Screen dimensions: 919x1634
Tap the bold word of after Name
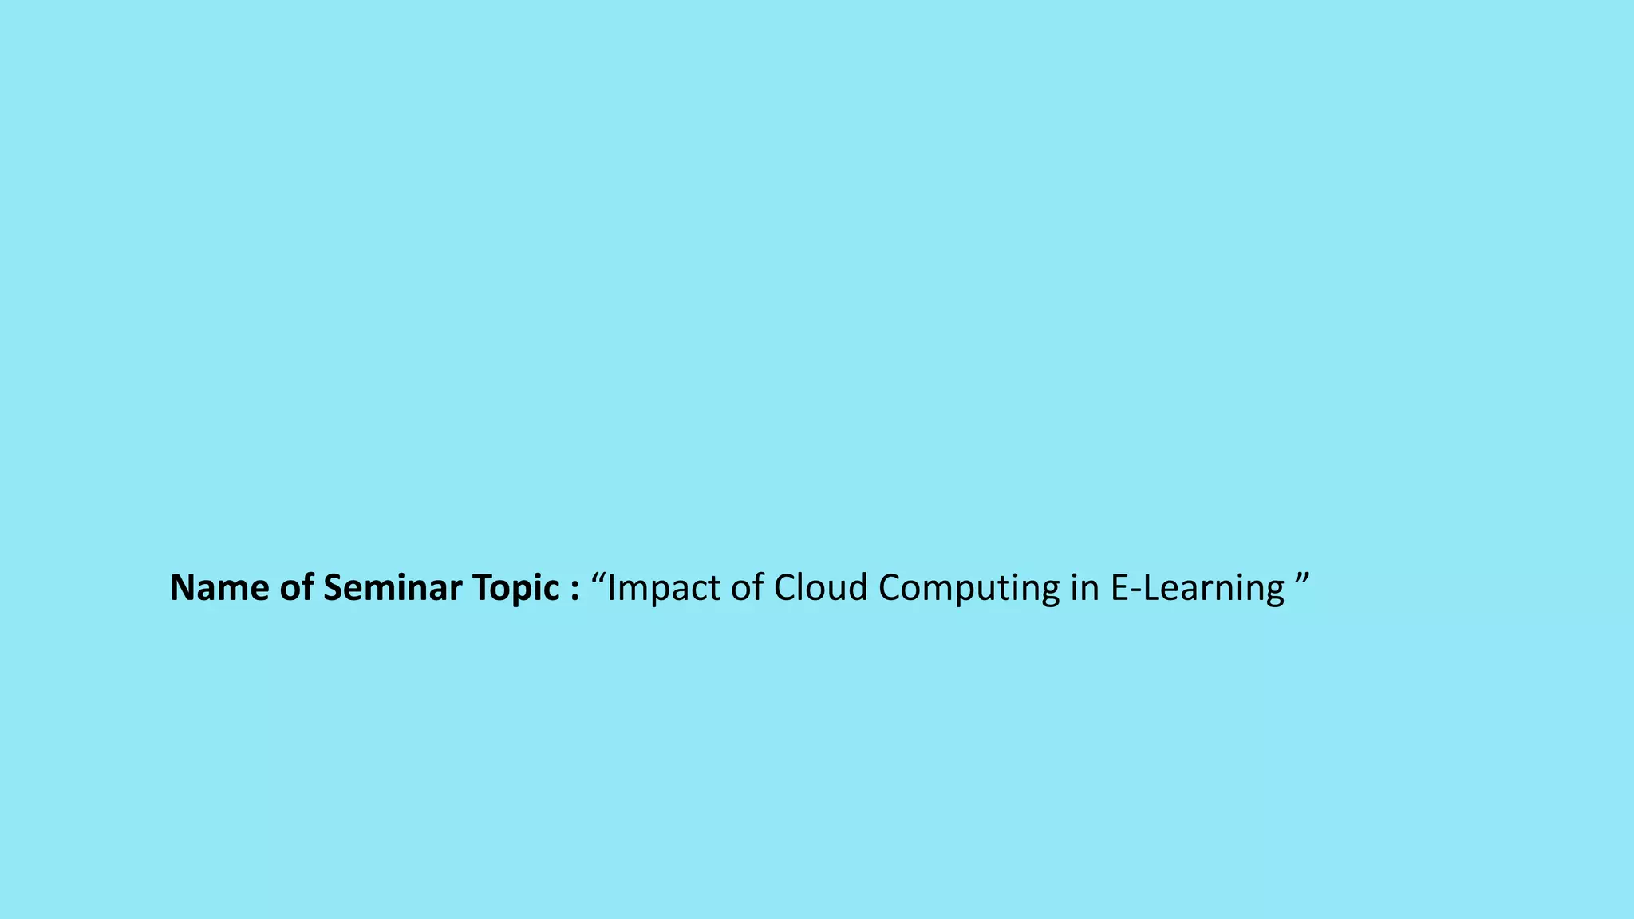[297, 588]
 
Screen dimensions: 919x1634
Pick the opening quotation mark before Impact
[598, 576]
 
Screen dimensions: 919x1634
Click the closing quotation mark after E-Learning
[1302, 576]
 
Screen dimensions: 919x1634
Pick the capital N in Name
[183, 588]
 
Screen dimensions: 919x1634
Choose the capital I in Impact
[611, 588]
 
